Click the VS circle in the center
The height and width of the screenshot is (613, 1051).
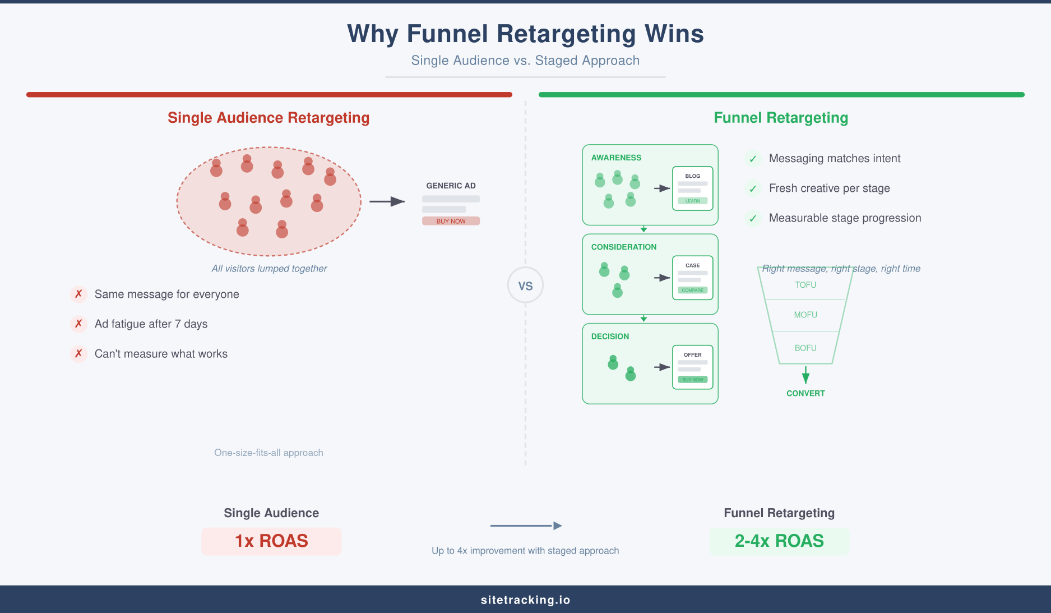pyautogui.click(x=525, y=285)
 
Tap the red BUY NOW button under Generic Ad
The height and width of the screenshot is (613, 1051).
pyautogui.click(x=451, y=221)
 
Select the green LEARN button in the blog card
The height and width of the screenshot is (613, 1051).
pyautogui.click(x=692, y=201)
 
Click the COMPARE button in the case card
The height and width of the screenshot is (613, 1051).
pyautogui.click(x=692, y=290)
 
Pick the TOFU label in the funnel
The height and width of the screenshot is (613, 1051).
pyautogui.click(x=805, y=285)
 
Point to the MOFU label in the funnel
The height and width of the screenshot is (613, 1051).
pyautogui.click(x=805, y=315)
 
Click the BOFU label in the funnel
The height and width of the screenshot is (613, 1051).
pyautogui.click(x=805, y=348)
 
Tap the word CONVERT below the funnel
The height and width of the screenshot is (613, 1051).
pyautogui.click(x=805, y=393)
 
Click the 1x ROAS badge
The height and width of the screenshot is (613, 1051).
pyautogui.click(x=271, y=541)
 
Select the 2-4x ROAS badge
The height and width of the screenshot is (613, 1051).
pyautogui.click(x=779, y=541)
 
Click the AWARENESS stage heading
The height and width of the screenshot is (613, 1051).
pyautogui.click(x=616, y=158)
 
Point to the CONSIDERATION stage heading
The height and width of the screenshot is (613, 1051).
pyautogui.click(x=623, y=247)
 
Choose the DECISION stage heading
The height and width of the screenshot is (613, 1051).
pyautogui.click(x=610, y=337)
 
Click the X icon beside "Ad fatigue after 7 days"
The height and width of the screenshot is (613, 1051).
pyautogui.click(x=78, y=324)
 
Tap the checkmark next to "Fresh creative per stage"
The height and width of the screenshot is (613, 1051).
pyautogui.click(x=753, y=188)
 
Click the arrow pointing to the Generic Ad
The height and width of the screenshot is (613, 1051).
pyautogui.click(x=387, y=201)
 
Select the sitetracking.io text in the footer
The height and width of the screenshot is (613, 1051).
pyautogui.click(x=525, y=600)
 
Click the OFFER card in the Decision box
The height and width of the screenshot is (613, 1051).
pyautogui.click(x=692, y=367)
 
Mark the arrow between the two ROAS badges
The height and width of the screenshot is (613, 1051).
pyautogui.click(x=526, y=526)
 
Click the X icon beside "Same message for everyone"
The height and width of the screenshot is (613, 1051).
pyautogui.click(x=78, y=294)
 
